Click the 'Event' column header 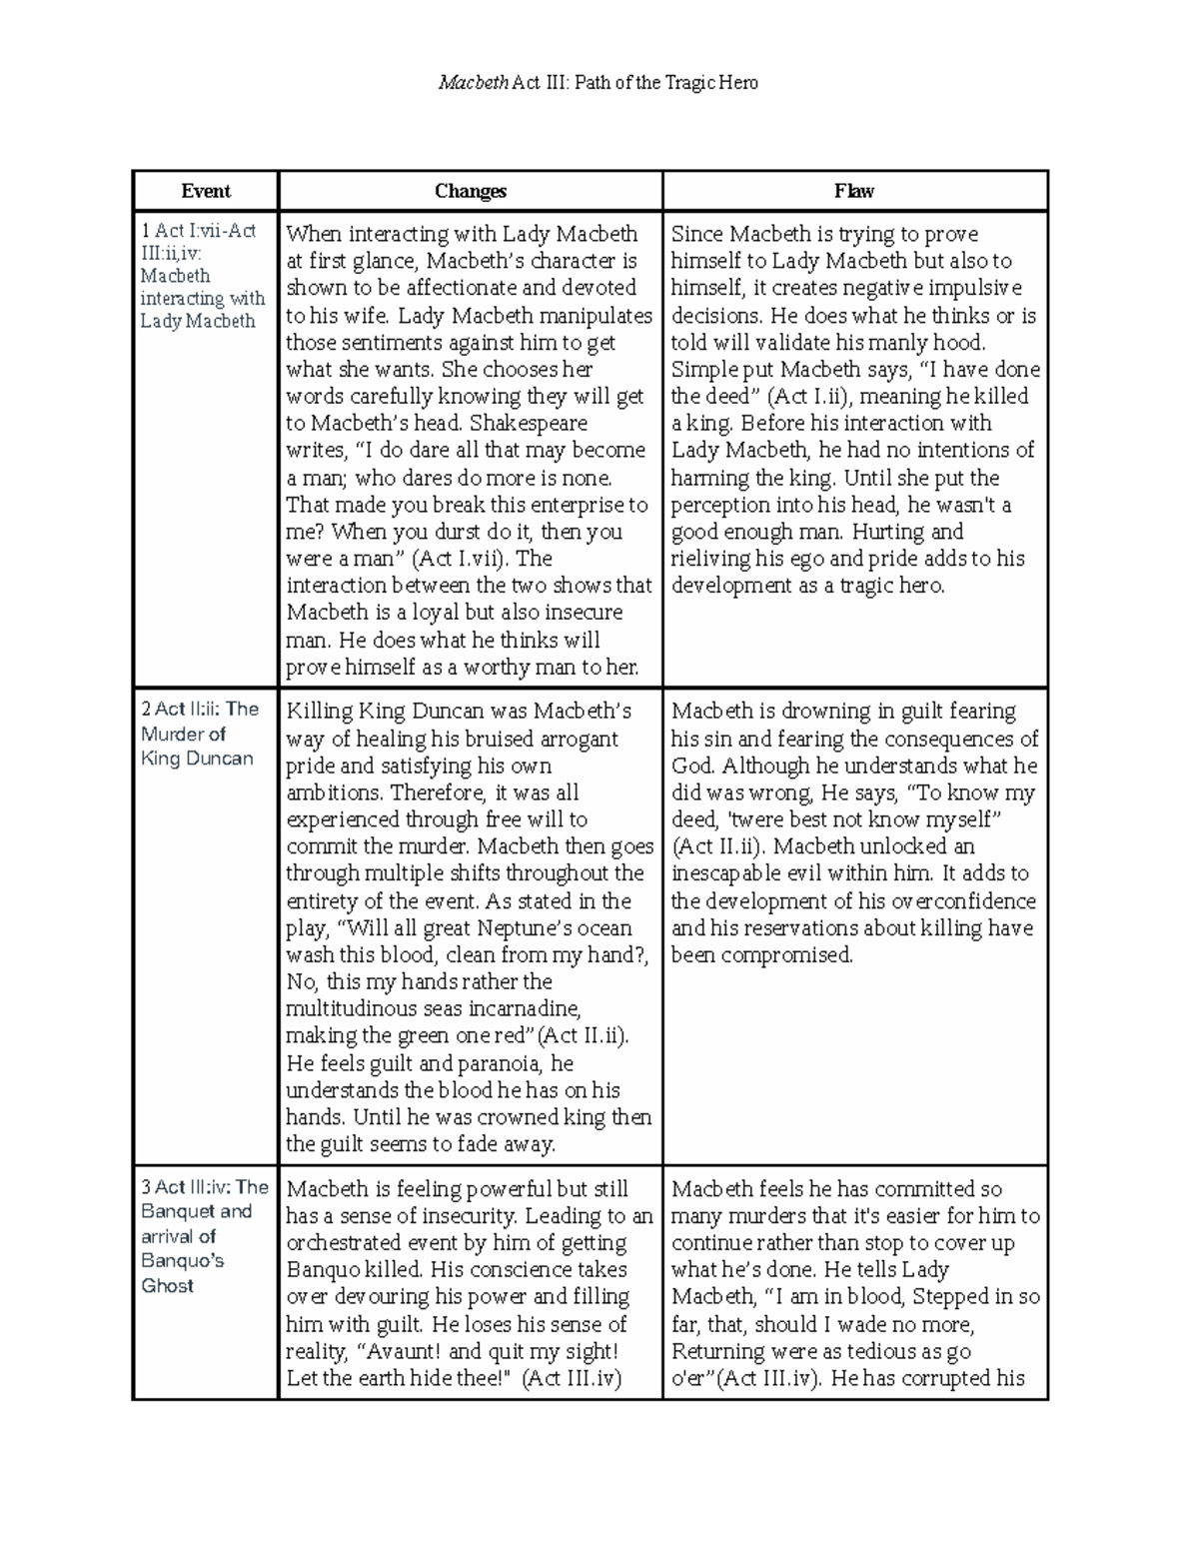[206, 191]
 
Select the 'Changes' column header [470, 191]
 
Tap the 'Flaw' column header [854, 191]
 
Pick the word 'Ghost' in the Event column [168, 1285]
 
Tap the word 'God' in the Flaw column [691, 767]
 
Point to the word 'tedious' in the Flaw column [878, 1352]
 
